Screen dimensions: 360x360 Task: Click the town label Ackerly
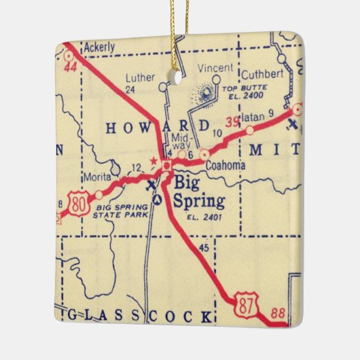(99, 48)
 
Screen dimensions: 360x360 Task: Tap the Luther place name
(139, 77)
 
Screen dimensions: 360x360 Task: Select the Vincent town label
(215, 68)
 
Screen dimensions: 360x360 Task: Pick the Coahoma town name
(228, 164)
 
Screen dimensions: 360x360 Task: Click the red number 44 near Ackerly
(69, 68)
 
